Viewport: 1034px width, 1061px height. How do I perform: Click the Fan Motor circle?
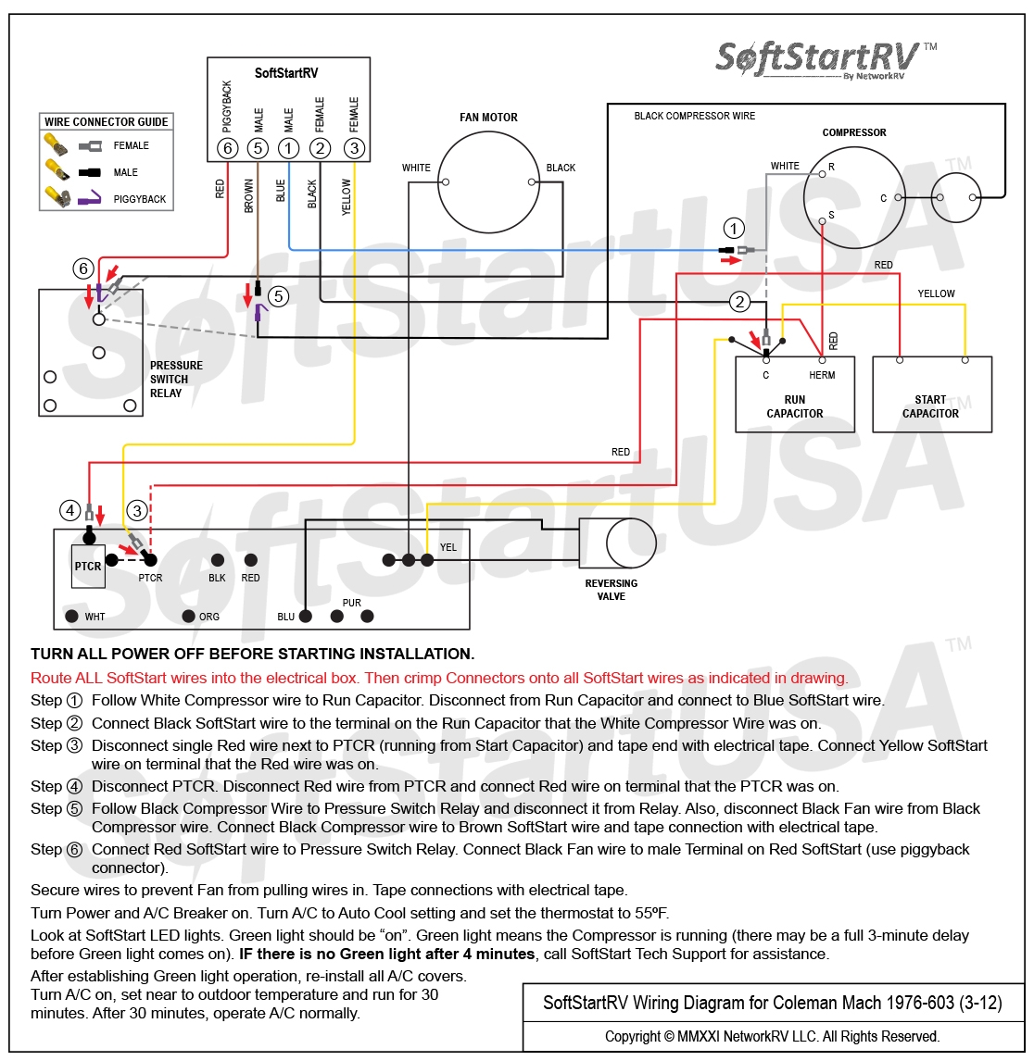[488, 182]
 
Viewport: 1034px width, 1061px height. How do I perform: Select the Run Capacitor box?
[794, 394]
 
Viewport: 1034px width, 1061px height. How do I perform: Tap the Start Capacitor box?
[931, 394]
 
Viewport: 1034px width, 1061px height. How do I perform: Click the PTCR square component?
[88, 566]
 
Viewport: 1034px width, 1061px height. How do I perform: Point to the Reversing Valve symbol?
[617, 543]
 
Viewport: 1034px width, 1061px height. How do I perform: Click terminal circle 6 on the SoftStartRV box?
[227, 147]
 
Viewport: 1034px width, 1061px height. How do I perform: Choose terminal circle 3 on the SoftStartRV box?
[354, 147]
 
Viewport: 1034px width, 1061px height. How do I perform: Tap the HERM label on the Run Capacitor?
[822, 375]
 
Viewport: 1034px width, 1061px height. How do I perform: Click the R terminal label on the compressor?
[831, 167]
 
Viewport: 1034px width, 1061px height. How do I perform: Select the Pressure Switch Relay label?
[176, 380]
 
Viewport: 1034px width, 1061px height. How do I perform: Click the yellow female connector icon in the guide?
[56, 144]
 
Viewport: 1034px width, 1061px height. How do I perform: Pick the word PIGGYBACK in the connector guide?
[140, 199]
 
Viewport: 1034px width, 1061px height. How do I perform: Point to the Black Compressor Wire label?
[694, 116]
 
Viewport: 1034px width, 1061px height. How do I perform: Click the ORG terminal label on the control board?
[209, 617]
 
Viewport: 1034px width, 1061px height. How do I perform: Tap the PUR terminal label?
[351, 603]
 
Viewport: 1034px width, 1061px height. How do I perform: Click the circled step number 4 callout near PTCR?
[69, 509]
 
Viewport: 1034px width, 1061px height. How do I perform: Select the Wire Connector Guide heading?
[107, 122]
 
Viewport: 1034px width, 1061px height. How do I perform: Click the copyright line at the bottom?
[772, 1036]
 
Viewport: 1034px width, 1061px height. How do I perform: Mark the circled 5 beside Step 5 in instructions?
[74, 808]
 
